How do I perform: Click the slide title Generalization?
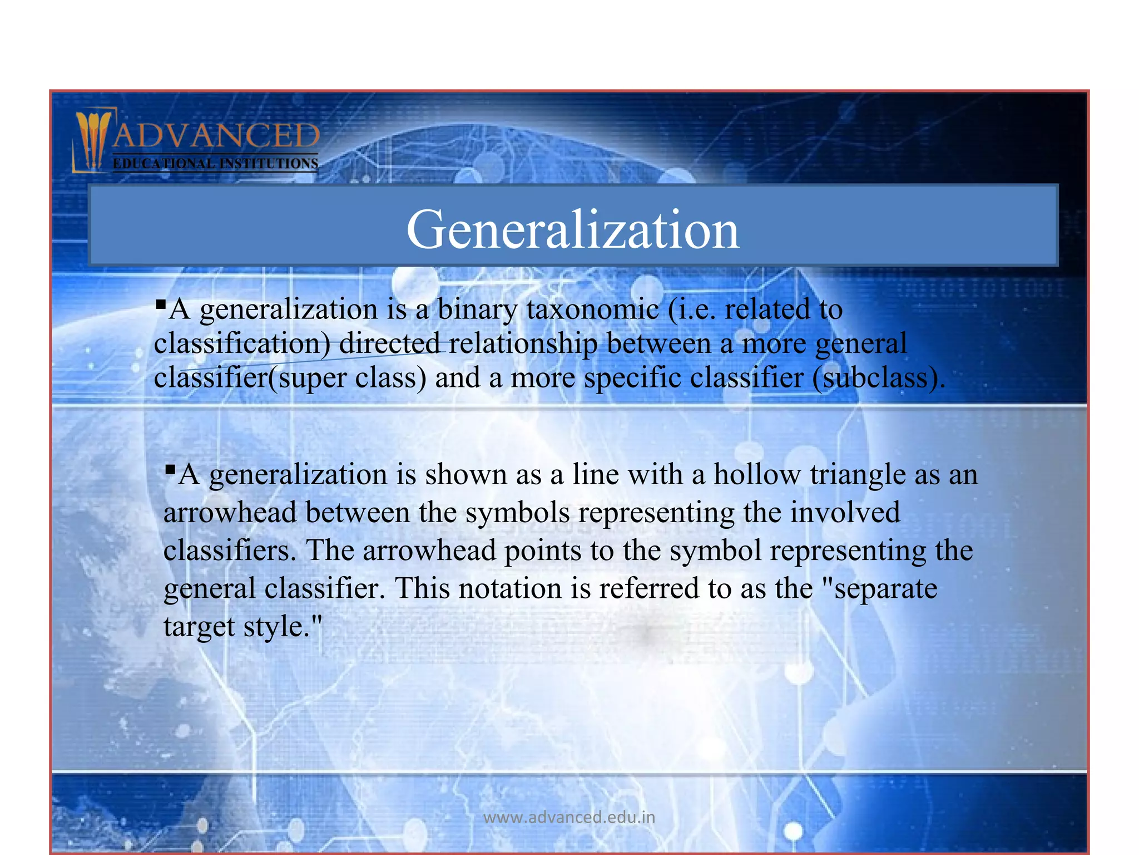coord(573,229)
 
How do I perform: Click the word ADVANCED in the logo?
coord(216,136)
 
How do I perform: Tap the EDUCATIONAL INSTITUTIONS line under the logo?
coord(215,164)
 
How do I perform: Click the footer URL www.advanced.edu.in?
coord(569,817)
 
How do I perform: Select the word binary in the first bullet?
coord(477,309)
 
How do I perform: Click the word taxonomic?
coord(592,309)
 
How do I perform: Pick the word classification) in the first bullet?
coord(242,344)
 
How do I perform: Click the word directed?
coord(389,344)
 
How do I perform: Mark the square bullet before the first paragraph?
coord(161,304)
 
